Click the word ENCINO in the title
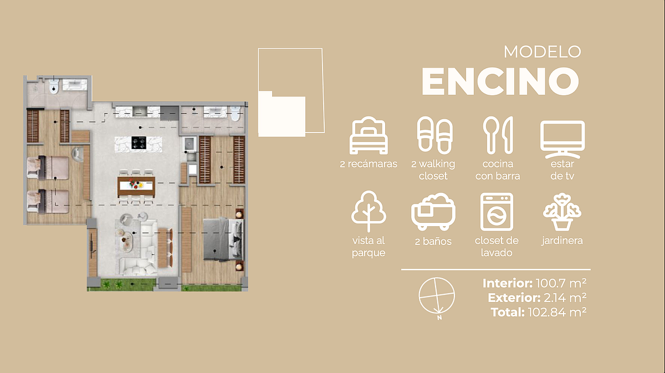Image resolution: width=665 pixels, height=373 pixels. point(500,81)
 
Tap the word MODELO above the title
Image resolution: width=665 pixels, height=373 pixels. point(543,52)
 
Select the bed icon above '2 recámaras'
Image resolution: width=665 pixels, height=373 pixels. point(369,135)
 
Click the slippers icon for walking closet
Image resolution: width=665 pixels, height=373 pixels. point(435,135)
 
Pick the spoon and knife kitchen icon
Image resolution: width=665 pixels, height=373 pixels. point(498,135)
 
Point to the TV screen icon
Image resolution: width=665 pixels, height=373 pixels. point(562,139)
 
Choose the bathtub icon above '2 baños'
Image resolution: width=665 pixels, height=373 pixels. point(433,212)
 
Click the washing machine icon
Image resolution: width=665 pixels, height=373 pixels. point(497,212)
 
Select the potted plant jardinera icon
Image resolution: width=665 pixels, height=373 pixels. point(562,212)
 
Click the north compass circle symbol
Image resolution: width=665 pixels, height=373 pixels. point(437,295)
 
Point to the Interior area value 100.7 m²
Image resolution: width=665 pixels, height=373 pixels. point(561,283)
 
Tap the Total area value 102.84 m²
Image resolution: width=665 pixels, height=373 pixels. point(557,312)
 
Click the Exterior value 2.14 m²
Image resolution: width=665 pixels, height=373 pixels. point(565,298)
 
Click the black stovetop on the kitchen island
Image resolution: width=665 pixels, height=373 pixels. point(139,143)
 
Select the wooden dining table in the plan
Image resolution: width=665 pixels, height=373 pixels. point(136,186)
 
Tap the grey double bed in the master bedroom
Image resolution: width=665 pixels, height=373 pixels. point(223,239)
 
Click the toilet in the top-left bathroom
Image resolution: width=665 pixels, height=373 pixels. point(53,86)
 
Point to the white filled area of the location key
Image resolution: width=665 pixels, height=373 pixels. point(282,114)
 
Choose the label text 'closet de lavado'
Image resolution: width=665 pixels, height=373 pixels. point(497,247)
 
